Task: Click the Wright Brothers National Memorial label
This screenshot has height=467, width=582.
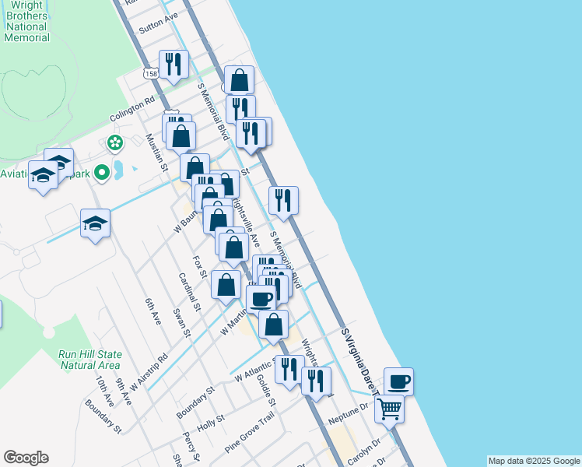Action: click(26, 20)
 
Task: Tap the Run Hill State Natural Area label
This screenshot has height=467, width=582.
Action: click(89, 359)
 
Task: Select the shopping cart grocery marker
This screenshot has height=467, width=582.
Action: click(389, 407)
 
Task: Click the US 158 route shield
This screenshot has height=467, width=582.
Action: click(150, 72)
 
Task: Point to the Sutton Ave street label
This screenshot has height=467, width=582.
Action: click(158, 21)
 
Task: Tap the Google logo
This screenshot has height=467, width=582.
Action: click(26, 458)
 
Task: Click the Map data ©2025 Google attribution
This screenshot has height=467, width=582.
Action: click(534, 461)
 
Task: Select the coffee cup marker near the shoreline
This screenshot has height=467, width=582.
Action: click(398, 381)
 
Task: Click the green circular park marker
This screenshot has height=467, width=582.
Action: click(115, 142)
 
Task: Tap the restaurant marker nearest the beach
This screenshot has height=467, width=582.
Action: click(284, 199)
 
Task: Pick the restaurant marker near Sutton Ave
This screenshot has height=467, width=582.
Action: click(174, 64)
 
